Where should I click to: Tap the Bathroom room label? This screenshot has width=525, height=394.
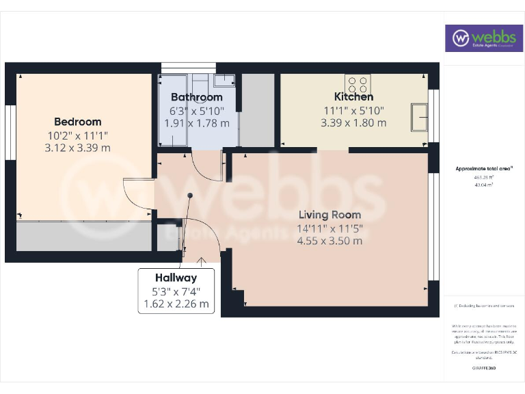tap(197, 97)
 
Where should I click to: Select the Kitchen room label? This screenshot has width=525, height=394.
tap(353, 97)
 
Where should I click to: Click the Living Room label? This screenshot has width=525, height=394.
tap(329, 214)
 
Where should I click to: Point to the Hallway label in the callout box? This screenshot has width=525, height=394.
tap(176, 278)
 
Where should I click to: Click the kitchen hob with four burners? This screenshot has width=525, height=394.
tap(358, 83)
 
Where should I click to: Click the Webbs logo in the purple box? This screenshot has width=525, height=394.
tap(485, 38)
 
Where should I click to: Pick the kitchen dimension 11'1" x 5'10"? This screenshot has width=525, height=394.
tap(354, 111)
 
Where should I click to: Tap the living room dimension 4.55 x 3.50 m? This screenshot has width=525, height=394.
tap(329, 240)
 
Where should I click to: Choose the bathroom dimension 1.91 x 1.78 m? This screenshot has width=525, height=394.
tap(197, 123)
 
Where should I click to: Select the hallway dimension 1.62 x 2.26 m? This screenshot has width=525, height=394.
tap(176, 304)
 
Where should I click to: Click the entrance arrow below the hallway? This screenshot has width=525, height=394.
tap(202, 260)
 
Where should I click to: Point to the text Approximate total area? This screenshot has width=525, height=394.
tap(483, 168)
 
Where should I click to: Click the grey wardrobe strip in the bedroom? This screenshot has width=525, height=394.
tap(83, 236)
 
